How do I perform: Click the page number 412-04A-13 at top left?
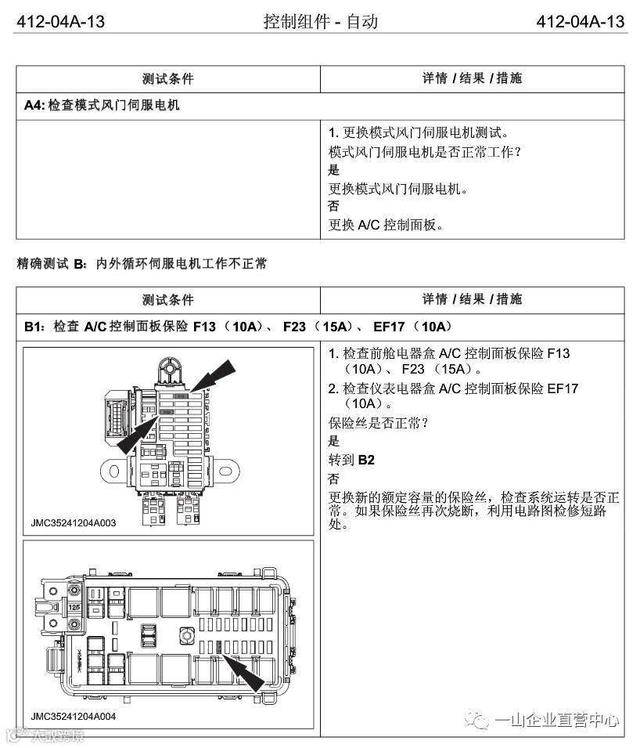(x=60, y=22)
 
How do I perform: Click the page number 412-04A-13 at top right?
(x=581, y=22)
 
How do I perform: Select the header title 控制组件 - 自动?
(x=321, y=22)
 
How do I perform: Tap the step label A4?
(x=34, y=104)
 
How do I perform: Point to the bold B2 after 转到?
(x=366, y=460)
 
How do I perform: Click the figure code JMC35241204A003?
(x=74, y=522)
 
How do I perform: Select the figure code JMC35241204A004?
(x=74, y=716)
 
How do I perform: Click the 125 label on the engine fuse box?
(x=75, y=607)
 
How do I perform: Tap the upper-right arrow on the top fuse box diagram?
(x=214, y=374)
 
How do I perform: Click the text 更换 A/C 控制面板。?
(x=386, y=226)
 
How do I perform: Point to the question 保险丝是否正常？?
(x=378, y=423)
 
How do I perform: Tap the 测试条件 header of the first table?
(x=167, y=78)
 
